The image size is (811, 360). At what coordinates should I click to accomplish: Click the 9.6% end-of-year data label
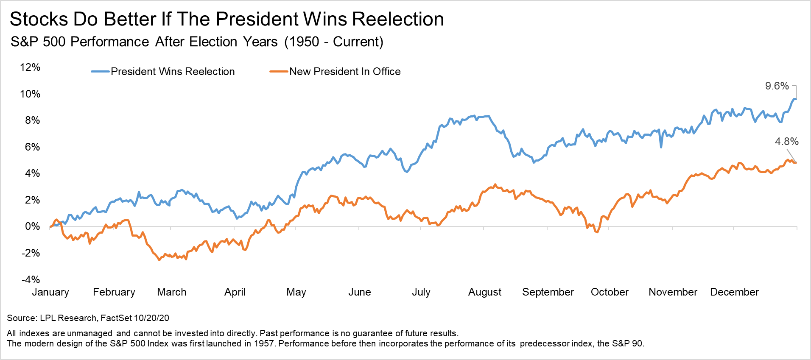pos(777,86)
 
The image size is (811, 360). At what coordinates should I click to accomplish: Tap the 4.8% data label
pos(786,142)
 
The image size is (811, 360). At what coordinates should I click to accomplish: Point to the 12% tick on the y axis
pos(30,67)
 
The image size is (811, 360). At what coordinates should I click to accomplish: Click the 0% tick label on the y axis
pos(32,226)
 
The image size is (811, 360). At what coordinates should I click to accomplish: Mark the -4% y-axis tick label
pos(31,279)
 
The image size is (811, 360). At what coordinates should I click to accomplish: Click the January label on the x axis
pos(50,292)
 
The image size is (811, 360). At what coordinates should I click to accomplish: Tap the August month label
pos(484,292)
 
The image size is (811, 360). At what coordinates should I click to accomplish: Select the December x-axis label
pos(734,292)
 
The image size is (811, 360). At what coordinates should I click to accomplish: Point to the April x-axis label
pos(235,292)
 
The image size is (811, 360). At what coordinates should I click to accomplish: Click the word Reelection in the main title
pos(398,20)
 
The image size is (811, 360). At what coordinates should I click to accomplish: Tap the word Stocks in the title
pos(39,20)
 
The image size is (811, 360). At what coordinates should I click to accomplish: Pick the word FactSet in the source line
pos(116,318)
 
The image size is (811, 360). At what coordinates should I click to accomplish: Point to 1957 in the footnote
pos(264,343)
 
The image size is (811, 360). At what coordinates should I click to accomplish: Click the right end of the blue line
pos(796,99)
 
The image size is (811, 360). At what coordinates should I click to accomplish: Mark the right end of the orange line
pos(796,163)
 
